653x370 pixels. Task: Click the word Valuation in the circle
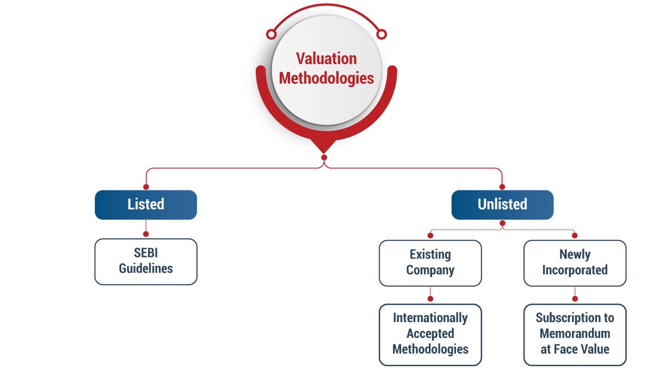tap(326, 59)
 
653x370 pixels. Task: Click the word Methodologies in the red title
tap(326, 78)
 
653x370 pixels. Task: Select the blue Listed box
tap(146, 205)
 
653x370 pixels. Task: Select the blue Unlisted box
tap(502, 205)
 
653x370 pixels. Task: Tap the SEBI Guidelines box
tap(146, 261)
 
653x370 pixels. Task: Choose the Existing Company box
tap(430, 263)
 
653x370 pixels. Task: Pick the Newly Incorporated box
tap(575, 263)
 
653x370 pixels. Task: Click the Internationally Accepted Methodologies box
tap(430, 334)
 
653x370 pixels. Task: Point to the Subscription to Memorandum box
tap(575, 334)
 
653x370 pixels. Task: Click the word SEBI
tap(146, 254)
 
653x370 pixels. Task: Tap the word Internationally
tap(430, 318)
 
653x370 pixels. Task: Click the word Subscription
tap(575, 318)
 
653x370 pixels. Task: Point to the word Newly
tap(575, 255)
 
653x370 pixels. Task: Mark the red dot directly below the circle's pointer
tap(324, 158)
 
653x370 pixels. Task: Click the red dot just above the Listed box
tap(146, 187)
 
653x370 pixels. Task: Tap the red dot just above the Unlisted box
tap(502, 187)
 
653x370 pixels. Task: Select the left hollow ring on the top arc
tap(270, 34)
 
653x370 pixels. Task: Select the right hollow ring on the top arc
tap(381, 34)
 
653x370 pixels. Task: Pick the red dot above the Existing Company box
tap(430, 236)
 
